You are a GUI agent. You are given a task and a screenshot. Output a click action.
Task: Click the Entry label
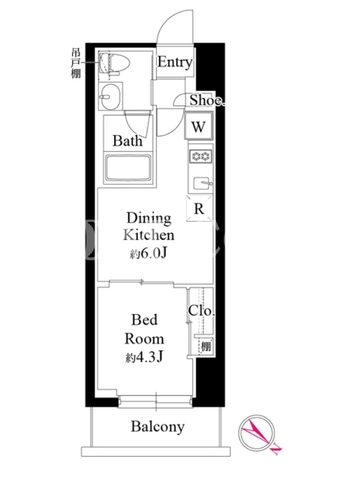point(175,62)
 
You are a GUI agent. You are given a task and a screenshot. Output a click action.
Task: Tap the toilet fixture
point(114,64)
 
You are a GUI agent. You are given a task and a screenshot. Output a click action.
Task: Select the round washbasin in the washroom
point(111,96)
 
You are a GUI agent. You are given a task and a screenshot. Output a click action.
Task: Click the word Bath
point(128,141)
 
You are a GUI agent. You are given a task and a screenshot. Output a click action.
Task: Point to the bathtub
point(128,169)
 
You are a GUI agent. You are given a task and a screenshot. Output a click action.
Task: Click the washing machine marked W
point(199,126)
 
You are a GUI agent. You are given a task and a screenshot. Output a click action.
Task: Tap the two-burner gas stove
point(201,157)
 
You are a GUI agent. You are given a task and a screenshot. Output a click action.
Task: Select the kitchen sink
point(202,184)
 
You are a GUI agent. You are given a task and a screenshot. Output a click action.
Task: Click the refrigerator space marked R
point(199,208)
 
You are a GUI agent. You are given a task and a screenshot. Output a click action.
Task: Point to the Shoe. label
point(207,100)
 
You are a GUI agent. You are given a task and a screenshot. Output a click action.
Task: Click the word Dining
point(149,218)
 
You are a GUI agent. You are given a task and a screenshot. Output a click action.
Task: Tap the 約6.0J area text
point(148,253)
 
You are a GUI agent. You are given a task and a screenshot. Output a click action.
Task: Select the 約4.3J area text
point(144,357)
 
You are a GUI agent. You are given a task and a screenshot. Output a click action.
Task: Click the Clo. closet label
point(202,311)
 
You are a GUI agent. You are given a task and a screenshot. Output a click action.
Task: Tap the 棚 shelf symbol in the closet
point(206,347)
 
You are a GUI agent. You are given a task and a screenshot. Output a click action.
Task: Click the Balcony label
point(158,427)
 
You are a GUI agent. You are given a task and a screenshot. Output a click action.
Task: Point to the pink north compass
point(257,433)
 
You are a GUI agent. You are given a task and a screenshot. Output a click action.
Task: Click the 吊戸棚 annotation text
point(76,63)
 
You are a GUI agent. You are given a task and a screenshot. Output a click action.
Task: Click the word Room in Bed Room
point(144,339)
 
